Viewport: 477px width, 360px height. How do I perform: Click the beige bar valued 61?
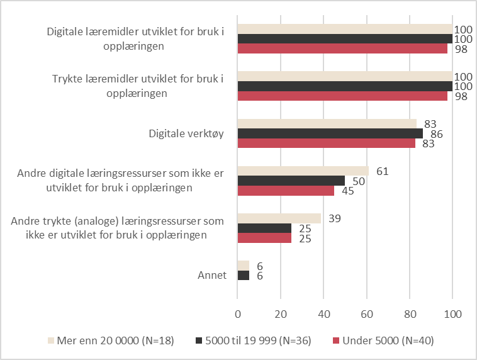[303, 171]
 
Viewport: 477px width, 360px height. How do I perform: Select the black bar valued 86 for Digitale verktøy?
[330, 133]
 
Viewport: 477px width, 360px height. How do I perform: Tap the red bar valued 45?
[286, 191]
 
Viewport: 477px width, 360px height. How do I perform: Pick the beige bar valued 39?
[279, 218]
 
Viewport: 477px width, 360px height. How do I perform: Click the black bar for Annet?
[244, 276]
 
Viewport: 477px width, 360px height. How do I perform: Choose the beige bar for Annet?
[244, 266]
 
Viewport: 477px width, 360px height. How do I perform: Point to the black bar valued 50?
[291, 181]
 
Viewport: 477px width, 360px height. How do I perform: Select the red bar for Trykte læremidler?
[342, 96]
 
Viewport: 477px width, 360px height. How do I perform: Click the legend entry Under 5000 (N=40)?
[383, 340]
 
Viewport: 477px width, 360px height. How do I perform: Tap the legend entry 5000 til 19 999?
[253, 340]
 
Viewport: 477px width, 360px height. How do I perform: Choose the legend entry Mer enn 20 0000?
[111, 340]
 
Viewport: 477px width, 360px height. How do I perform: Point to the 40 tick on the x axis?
[323, 314]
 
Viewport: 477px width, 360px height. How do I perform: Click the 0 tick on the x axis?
[238, 314]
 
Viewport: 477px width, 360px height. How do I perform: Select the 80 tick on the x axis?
[410, 314]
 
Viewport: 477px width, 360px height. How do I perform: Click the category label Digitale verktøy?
[186, 133]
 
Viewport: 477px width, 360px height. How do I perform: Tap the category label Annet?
[212, 275]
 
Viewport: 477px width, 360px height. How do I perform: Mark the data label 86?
[437, 134]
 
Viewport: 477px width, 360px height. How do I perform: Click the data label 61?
[383, 171]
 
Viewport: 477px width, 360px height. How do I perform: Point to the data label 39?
[335, 218]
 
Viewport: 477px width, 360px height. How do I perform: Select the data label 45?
[348, 191]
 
